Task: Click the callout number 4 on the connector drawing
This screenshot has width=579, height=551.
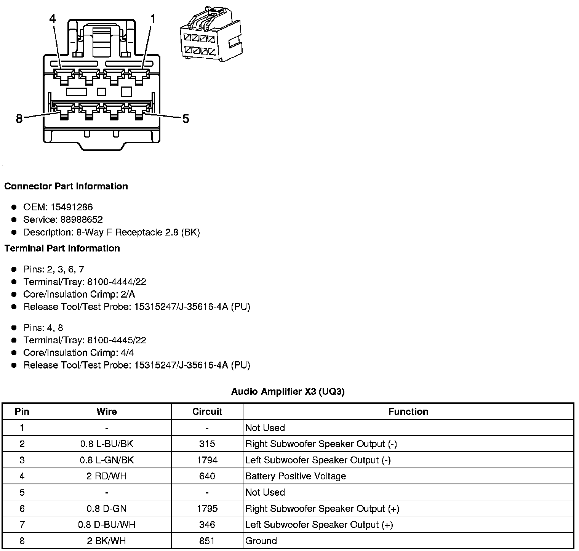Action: coord(53,19)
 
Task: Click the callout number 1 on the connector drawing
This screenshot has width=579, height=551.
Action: coord(153,19)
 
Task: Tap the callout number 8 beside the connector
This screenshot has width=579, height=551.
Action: coord(19,119)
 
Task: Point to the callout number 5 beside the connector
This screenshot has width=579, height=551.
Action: coord(186,119)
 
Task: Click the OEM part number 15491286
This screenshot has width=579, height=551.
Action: coord(72,207)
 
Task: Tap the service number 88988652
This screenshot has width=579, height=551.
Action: coord(82,220)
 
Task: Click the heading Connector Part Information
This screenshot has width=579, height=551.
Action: coord(66,186)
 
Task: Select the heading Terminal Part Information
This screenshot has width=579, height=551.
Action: coord(62,248)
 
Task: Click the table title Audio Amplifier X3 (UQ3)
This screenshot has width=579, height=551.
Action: coord(288,392)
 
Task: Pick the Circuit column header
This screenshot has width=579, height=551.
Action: coord(207,412)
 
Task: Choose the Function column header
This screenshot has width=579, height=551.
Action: coord(408,412)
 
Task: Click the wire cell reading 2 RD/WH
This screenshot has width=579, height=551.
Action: coord(106,476)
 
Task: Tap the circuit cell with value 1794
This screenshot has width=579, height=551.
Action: coord(207,460)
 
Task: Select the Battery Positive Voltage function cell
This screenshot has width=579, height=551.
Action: coord(296,476)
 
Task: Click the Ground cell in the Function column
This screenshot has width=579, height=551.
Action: coord(261,541)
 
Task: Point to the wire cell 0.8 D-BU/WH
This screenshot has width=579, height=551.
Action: coord(106,525)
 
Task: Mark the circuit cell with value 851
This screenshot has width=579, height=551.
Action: coord(207,541)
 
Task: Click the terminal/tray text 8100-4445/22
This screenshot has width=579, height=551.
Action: coord(117,340)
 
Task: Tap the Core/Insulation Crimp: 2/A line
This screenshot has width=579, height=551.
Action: coord(79,295)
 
